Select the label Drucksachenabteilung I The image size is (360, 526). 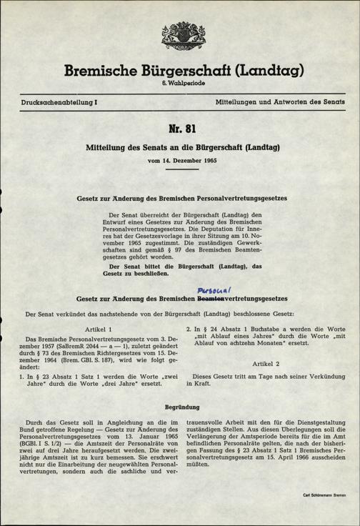[x=59, y=103]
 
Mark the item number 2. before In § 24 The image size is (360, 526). [x=189, y=328]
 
